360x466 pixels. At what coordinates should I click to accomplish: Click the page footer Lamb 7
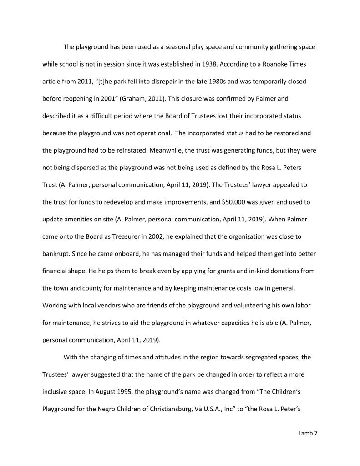click(308, 433)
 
